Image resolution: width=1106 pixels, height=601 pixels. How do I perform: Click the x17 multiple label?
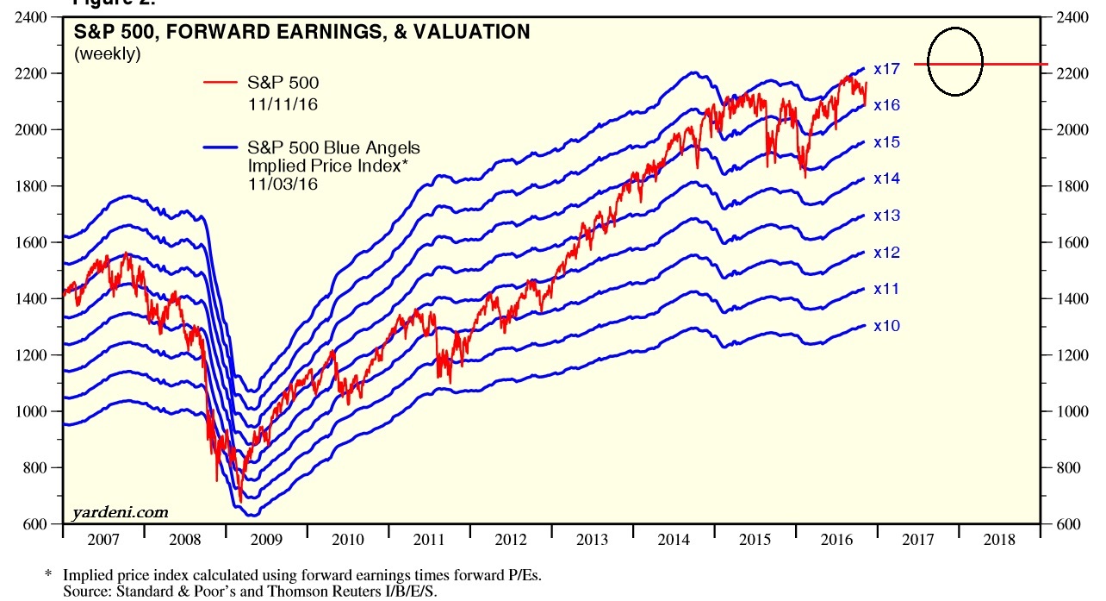point(886,68)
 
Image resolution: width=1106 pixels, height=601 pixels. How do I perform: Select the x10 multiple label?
point(886,326)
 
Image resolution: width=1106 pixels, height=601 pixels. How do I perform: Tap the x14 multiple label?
point(886,178)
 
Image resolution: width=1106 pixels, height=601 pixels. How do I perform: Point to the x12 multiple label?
point(886,253)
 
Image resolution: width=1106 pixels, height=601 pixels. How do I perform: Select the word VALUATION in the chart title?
point(471,33)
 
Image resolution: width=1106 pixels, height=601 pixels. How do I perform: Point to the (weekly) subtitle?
point(107,53)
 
